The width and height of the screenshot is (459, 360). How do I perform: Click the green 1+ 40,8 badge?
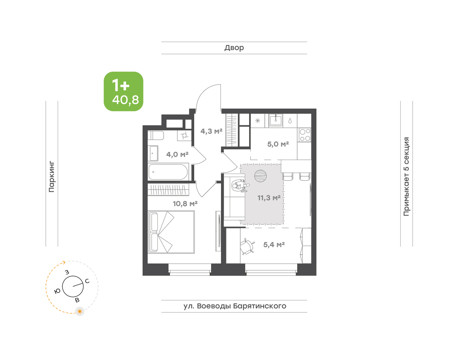(x=123, y=91)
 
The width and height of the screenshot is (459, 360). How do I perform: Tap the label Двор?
(x=234, y=48)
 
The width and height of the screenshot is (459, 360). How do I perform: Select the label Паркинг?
(x=52, y=177)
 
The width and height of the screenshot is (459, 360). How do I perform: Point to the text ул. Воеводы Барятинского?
(x=235, y=306)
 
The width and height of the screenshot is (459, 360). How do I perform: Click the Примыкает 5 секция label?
(x=406, y=176)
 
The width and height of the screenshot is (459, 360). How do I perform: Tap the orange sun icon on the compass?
(x=80, y=311)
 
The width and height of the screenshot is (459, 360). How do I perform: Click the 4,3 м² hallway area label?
(x=211, y=131)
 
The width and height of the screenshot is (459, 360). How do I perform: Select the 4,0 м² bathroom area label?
(x=177, y=154)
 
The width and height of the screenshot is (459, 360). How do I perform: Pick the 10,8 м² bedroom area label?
(x=185, y=204)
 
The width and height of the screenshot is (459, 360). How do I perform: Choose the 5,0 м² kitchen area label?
(x=278, y=144)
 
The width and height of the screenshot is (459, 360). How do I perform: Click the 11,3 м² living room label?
(x=269, y=198)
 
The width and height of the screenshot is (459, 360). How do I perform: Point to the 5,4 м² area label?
(x=274, y=245)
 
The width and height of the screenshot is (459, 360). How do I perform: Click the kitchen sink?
(x=276, y=120)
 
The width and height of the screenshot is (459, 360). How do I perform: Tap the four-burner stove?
(x=304, y=135)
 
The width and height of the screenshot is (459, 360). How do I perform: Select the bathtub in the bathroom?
(x=168, y=172)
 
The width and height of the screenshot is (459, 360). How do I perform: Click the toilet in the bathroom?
(x=156, y=135)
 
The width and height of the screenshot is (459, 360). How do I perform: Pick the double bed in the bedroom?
(x=171, y=232)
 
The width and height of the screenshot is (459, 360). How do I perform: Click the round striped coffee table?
(x=261, y=176)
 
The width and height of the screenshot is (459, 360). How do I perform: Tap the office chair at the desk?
(x=248, y=246)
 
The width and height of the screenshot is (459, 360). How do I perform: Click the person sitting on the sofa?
(x=241, y=186)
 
